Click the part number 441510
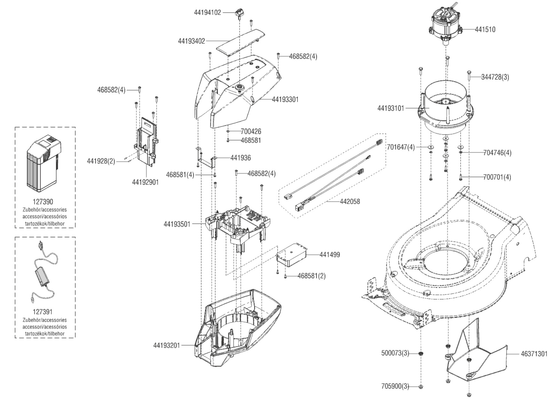tap(485, 29)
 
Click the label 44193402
tap(191, 41)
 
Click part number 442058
tap(350, 201)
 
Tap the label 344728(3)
tap(495, 77)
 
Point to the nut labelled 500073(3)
tap(421, 354)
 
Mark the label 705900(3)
tap(395, 386)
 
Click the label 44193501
tap(177, 224)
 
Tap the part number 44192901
tap(145, 182)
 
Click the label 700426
tap(251, 131)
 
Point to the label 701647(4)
tap(401, 147)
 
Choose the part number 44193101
tap(391, 108)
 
